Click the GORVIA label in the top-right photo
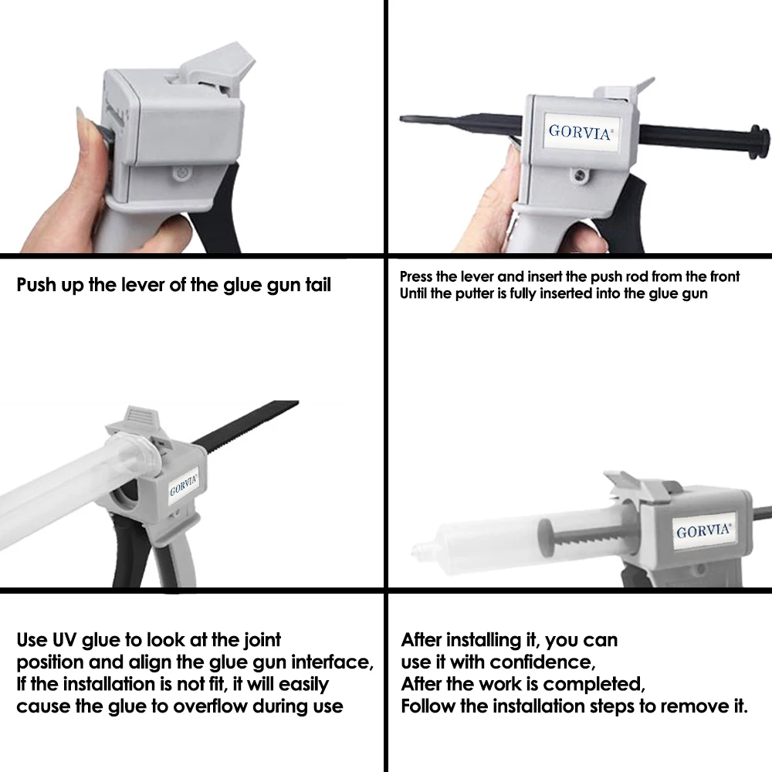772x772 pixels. [581, 132]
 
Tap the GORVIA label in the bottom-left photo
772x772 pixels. [184, 485]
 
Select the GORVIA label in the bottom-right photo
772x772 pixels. [703, 531]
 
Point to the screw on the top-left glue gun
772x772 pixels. [182, 173]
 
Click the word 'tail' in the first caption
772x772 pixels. [317, 285]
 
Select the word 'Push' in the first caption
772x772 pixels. [36, 285]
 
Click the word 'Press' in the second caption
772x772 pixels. [416, 276]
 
